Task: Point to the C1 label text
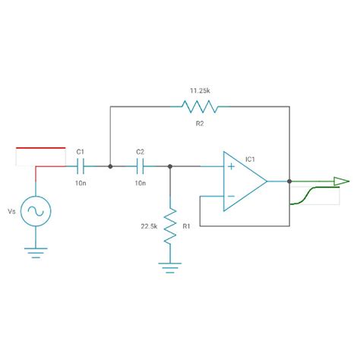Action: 80,152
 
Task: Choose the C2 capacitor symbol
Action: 141,165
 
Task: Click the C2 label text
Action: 140,152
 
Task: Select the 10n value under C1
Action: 80,183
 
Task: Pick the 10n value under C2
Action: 140,183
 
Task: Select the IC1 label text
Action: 250,159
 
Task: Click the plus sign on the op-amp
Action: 230,166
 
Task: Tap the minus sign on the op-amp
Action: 230,197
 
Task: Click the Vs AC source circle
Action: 35,212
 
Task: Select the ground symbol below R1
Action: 170,267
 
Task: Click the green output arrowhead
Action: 340,182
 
